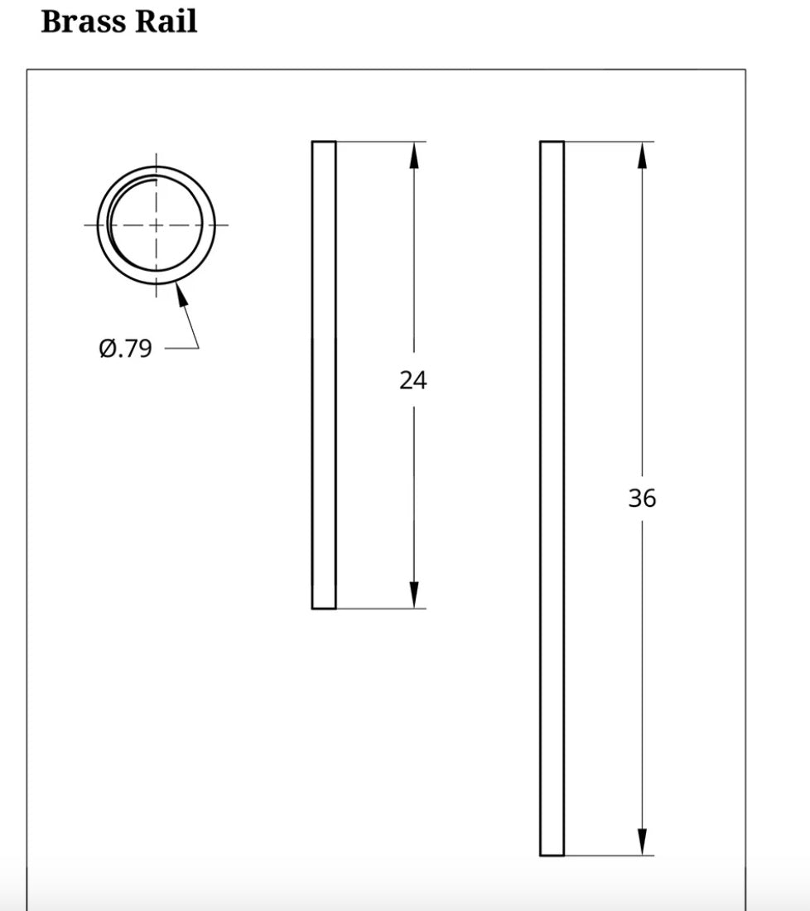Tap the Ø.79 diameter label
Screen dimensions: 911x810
[126, 349]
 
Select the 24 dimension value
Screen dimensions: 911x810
[413, 380]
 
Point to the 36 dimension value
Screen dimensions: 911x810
[642, 499]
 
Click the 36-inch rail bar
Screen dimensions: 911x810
[552, 498]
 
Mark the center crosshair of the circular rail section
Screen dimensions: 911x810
[156, 224]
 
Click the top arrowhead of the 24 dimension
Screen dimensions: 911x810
[414, 154]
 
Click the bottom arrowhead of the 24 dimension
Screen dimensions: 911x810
[414, 595]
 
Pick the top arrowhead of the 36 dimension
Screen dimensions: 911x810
[642, 154]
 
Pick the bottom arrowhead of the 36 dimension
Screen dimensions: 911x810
[642, 842]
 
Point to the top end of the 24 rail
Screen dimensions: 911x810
[324, 142]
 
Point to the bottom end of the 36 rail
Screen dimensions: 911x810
[552, 855]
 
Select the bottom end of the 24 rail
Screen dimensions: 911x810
[324, 608]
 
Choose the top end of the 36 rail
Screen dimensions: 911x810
[552, 142]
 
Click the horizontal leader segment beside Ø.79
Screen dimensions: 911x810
[181, 349]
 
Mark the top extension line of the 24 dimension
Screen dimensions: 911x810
[381, 142]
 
